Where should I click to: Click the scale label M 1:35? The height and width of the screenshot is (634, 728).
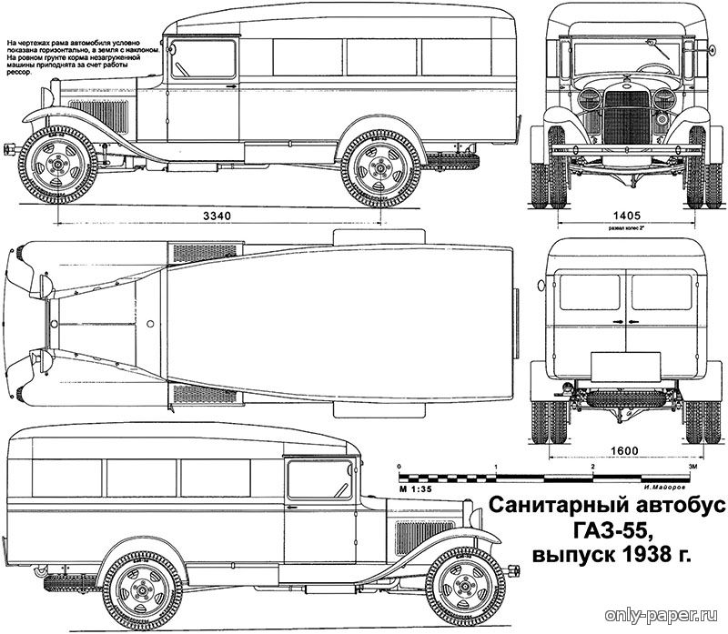pyautogui.click(x=414, y=488)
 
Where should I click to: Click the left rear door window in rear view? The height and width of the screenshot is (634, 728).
pyautogui.click(x=589, y=291)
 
